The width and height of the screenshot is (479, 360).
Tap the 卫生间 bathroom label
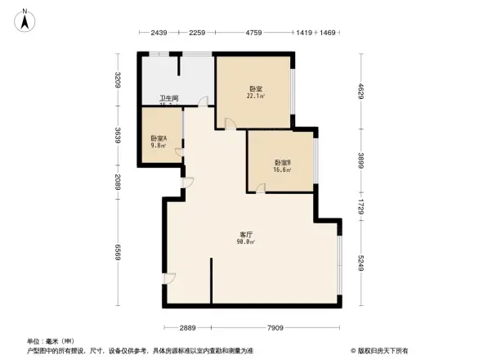click(x=168, y=101)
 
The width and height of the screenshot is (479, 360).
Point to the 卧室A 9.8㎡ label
click(x=159, y=142)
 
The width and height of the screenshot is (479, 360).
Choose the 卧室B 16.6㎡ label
click(x=282, y=166)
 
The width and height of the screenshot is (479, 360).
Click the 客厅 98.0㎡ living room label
click(x=245, y=238)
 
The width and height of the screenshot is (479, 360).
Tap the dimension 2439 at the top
click(x=159, y=33)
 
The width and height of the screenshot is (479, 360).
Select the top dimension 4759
click(x=253, y=33)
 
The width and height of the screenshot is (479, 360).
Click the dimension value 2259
click(x=197, y=33)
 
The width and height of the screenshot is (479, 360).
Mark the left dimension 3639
click(x=118, y=136)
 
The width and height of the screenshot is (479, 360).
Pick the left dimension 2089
click(x=118, y=182)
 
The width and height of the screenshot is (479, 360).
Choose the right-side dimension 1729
click(x=360, y=205)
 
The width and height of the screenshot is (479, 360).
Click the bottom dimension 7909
click(x=275, y=327)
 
